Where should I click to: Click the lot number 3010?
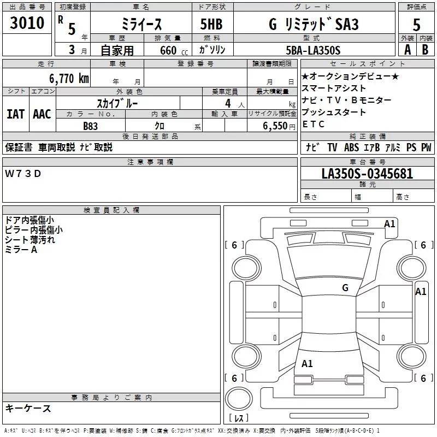coord(27,22)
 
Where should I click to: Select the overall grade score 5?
coord(416,25)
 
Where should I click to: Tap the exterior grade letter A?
coord(408,50)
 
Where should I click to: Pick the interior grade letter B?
coord(425,50)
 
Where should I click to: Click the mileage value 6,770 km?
coord(69,78)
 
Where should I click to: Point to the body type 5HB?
coord(211,24)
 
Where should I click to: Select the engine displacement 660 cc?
coord(174,50)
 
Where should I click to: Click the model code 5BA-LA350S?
coord(313,50)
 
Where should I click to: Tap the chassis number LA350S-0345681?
coord(367,173)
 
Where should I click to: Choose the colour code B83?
coord(90,126)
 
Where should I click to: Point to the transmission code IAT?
coord(15,114)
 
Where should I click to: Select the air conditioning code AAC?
coord(42,114)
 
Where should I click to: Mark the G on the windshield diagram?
coord(345,287)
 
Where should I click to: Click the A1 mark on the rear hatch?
coord(307,363)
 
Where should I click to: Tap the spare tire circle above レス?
coord(239,399)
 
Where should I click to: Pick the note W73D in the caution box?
coord(23,174)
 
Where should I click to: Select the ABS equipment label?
coord(351,147)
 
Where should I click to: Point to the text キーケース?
coord(28,408)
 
